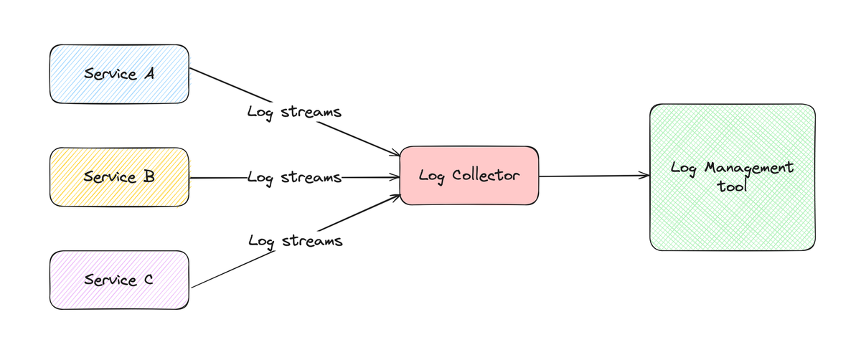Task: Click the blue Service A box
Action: tap(119, 73)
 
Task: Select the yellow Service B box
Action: tap(119, 176)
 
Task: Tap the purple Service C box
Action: tap(119, 280)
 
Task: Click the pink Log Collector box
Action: tap(469, 176)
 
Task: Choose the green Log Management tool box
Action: tap(733, 177)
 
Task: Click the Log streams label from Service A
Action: tap(294, 113)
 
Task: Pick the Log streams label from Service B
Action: tap(294, 177)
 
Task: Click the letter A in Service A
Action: tap(149, 73)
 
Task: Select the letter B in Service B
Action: tap(149, 176)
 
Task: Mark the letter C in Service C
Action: tap(148, 280)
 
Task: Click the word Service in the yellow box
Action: tap(108, 176)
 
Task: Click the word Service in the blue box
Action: tap(108, 73)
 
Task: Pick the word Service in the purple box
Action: tap(108, 280)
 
